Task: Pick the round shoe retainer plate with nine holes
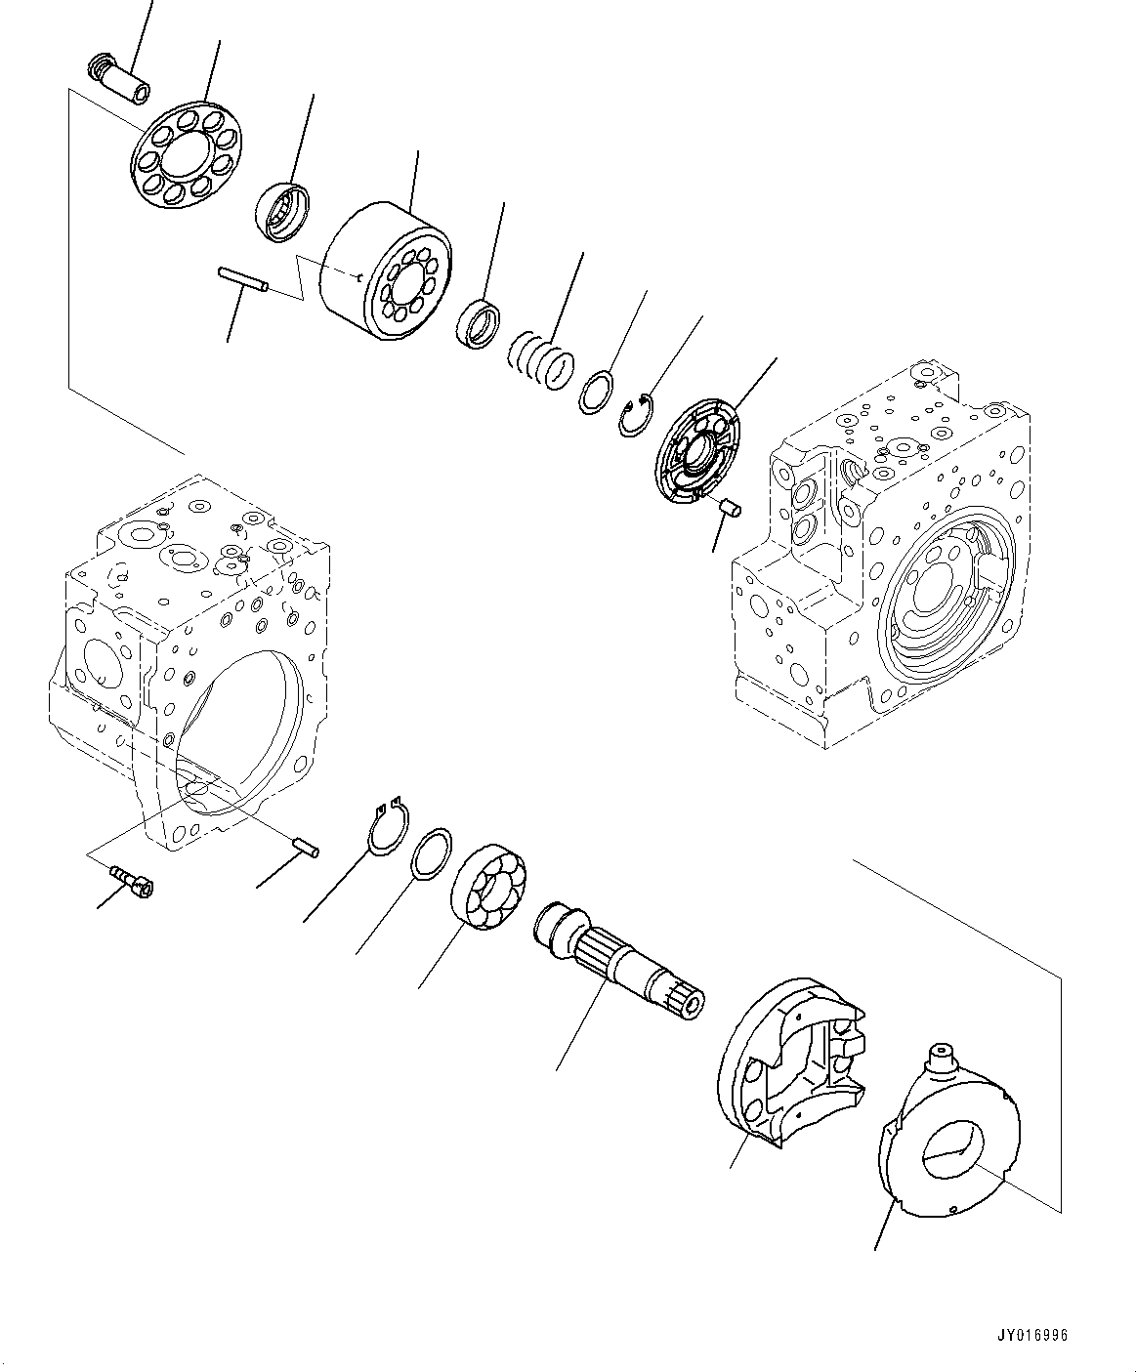(189, 153)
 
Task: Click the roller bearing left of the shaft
(489, 888)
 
